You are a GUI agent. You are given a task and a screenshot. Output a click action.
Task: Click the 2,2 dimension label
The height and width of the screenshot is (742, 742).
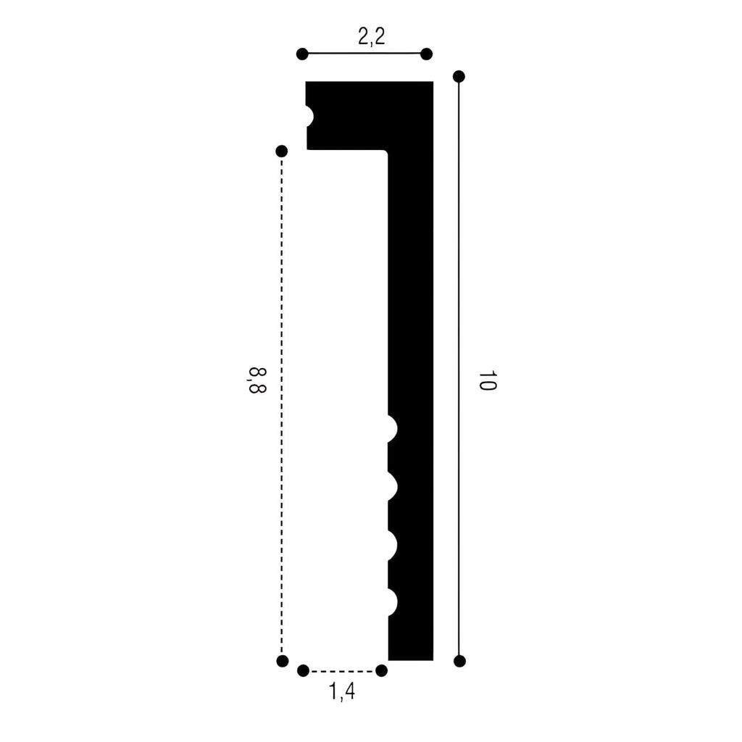coord(372,36)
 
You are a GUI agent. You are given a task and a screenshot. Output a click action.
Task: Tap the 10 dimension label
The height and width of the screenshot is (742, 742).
coord(487,380)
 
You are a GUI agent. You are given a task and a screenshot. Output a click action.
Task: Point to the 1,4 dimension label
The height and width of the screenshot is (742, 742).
coord(342,691)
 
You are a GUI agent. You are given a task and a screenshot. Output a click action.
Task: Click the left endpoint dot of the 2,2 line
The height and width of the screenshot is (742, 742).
coord(302,54)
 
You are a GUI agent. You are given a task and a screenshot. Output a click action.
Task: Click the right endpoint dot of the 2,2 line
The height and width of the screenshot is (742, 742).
coord(426,54)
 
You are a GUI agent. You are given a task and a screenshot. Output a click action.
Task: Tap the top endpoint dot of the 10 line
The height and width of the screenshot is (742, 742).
coord(459,76)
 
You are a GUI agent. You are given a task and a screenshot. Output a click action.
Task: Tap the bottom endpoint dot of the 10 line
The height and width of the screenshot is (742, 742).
coord(459,661)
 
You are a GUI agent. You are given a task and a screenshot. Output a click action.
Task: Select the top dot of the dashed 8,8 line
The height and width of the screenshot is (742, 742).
coord(282,151)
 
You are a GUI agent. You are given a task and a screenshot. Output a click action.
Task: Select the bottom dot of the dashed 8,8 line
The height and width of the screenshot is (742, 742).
coord(283,661)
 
